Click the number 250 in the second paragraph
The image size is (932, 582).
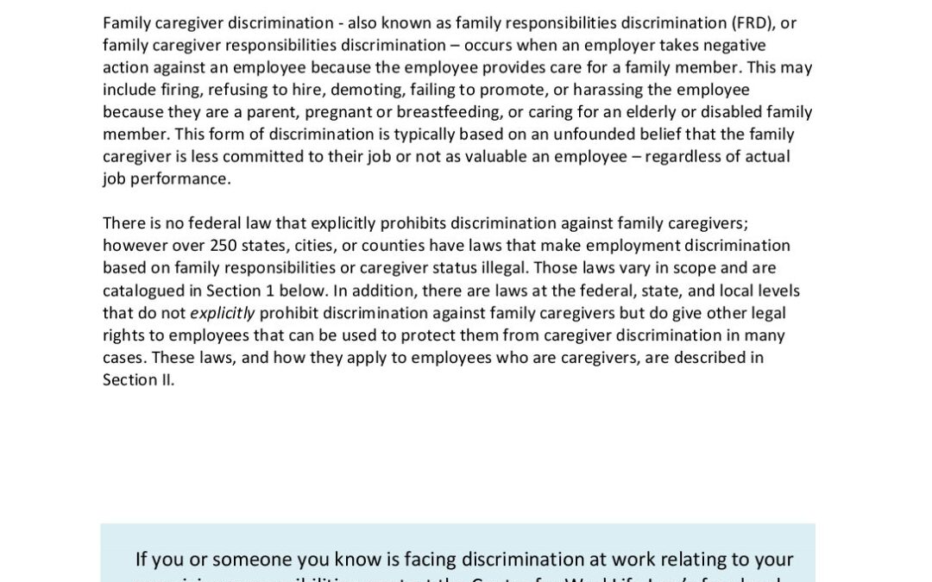pos(224,246)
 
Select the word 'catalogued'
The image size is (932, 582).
pos(142,291)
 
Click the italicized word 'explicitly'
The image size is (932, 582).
pos(223,313)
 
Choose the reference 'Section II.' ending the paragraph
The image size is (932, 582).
pos(138,380)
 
